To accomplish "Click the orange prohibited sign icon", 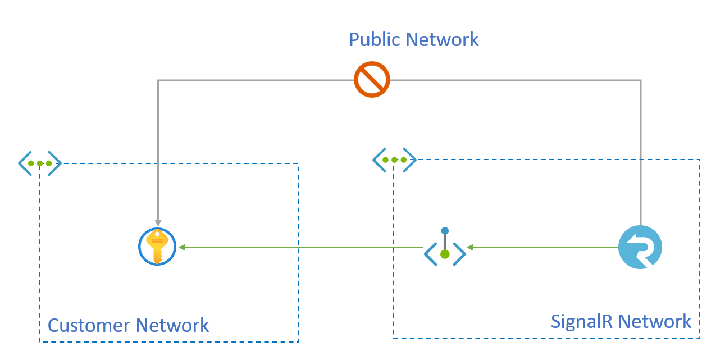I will [372, 80].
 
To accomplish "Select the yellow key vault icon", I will [157, 247].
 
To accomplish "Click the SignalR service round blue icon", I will [640, 247].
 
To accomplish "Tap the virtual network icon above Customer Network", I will [39, 163].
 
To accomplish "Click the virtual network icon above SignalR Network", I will [394, 160].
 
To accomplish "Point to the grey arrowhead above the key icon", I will [158, 223].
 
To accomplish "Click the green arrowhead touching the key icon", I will [182, 247].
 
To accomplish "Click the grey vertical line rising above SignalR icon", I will [641, 152].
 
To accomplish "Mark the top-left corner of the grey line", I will [158, 81].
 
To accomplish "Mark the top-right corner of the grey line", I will [641, 81].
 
